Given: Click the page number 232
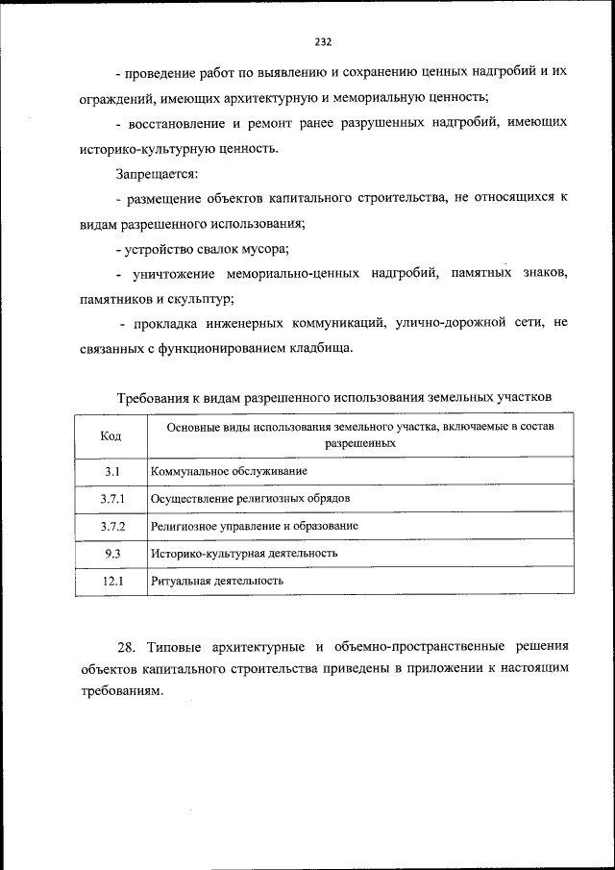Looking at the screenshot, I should [323, 41].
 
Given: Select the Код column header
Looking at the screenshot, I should [111, 435].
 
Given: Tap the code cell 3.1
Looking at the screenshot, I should [111, 471].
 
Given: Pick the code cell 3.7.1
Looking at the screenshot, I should [111, 499].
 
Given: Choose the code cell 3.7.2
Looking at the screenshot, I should [111, 527].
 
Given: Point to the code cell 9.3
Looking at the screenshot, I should [111, 554].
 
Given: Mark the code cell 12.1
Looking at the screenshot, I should [111, 582].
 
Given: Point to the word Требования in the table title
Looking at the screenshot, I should [154, 396].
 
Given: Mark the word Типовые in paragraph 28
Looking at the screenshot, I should [175, 645].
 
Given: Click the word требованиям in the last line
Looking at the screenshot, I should [116, 693].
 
